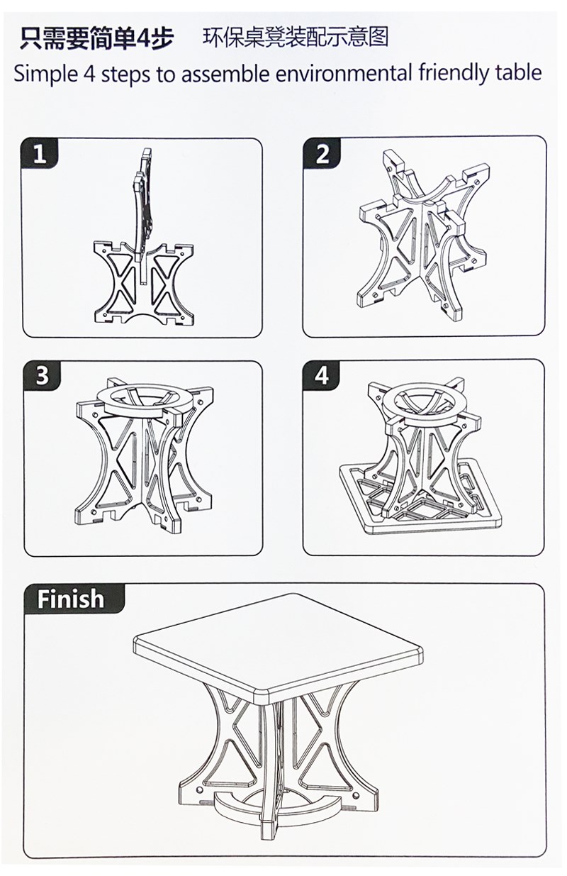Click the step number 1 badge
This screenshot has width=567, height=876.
coord(40,154)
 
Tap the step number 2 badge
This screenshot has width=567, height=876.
coord(322,153)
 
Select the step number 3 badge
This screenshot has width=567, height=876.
coord(42,375)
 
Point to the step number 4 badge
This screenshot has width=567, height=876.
coord(322,375)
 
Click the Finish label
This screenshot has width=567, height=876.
coord(71,599)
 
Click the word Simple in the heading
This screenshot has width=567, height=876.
coord(46,74)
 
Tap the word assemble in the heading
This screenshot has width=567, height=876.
coord(226,73)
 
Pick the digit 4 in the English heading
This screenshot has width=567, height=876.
coord(90,73)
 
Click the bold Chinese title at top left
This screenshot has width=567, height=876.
coord(96,39)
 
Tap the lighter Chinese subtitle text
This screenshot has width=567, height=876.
coord(296,38)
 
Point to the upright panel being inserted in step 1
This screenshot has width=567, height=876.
coord(142,211)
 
